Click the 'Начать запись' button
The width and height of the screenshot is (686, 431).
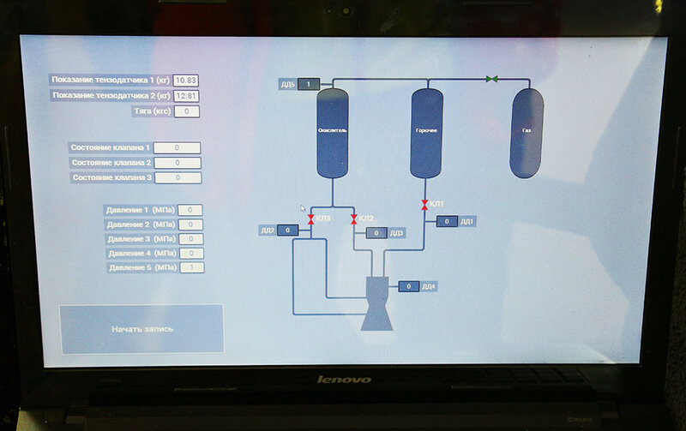click(141, 328)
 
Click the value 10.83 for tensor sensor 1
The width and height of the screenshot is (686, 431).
click(186, 80)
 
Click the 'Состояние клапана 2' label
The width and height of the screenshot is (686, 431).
click(111, 163)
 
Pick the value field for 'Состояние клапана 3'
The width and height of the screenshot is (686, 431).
click(178, 178)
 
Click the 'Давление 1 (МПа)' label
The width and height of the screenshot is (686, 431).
click(139, 210)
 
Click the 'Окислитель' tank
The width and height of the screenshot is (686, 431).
click(331, 132)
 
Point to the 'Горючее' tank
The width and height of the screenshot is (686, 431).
click(426, 133)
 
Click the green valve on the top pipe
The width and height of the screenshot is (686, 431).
click(492, 79)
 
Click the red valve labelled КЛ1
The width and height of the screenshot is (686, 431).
click(424, 205)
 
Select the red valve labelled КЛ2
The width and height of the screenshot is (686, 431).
click(353, 219)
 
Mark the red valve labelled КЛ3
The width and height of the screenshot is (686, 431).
click(310, 219)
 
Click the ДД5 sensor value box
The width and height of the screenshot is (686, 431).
click(309, 84)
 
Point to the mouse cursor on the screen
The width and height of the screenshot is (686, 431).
click(302, 208)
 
